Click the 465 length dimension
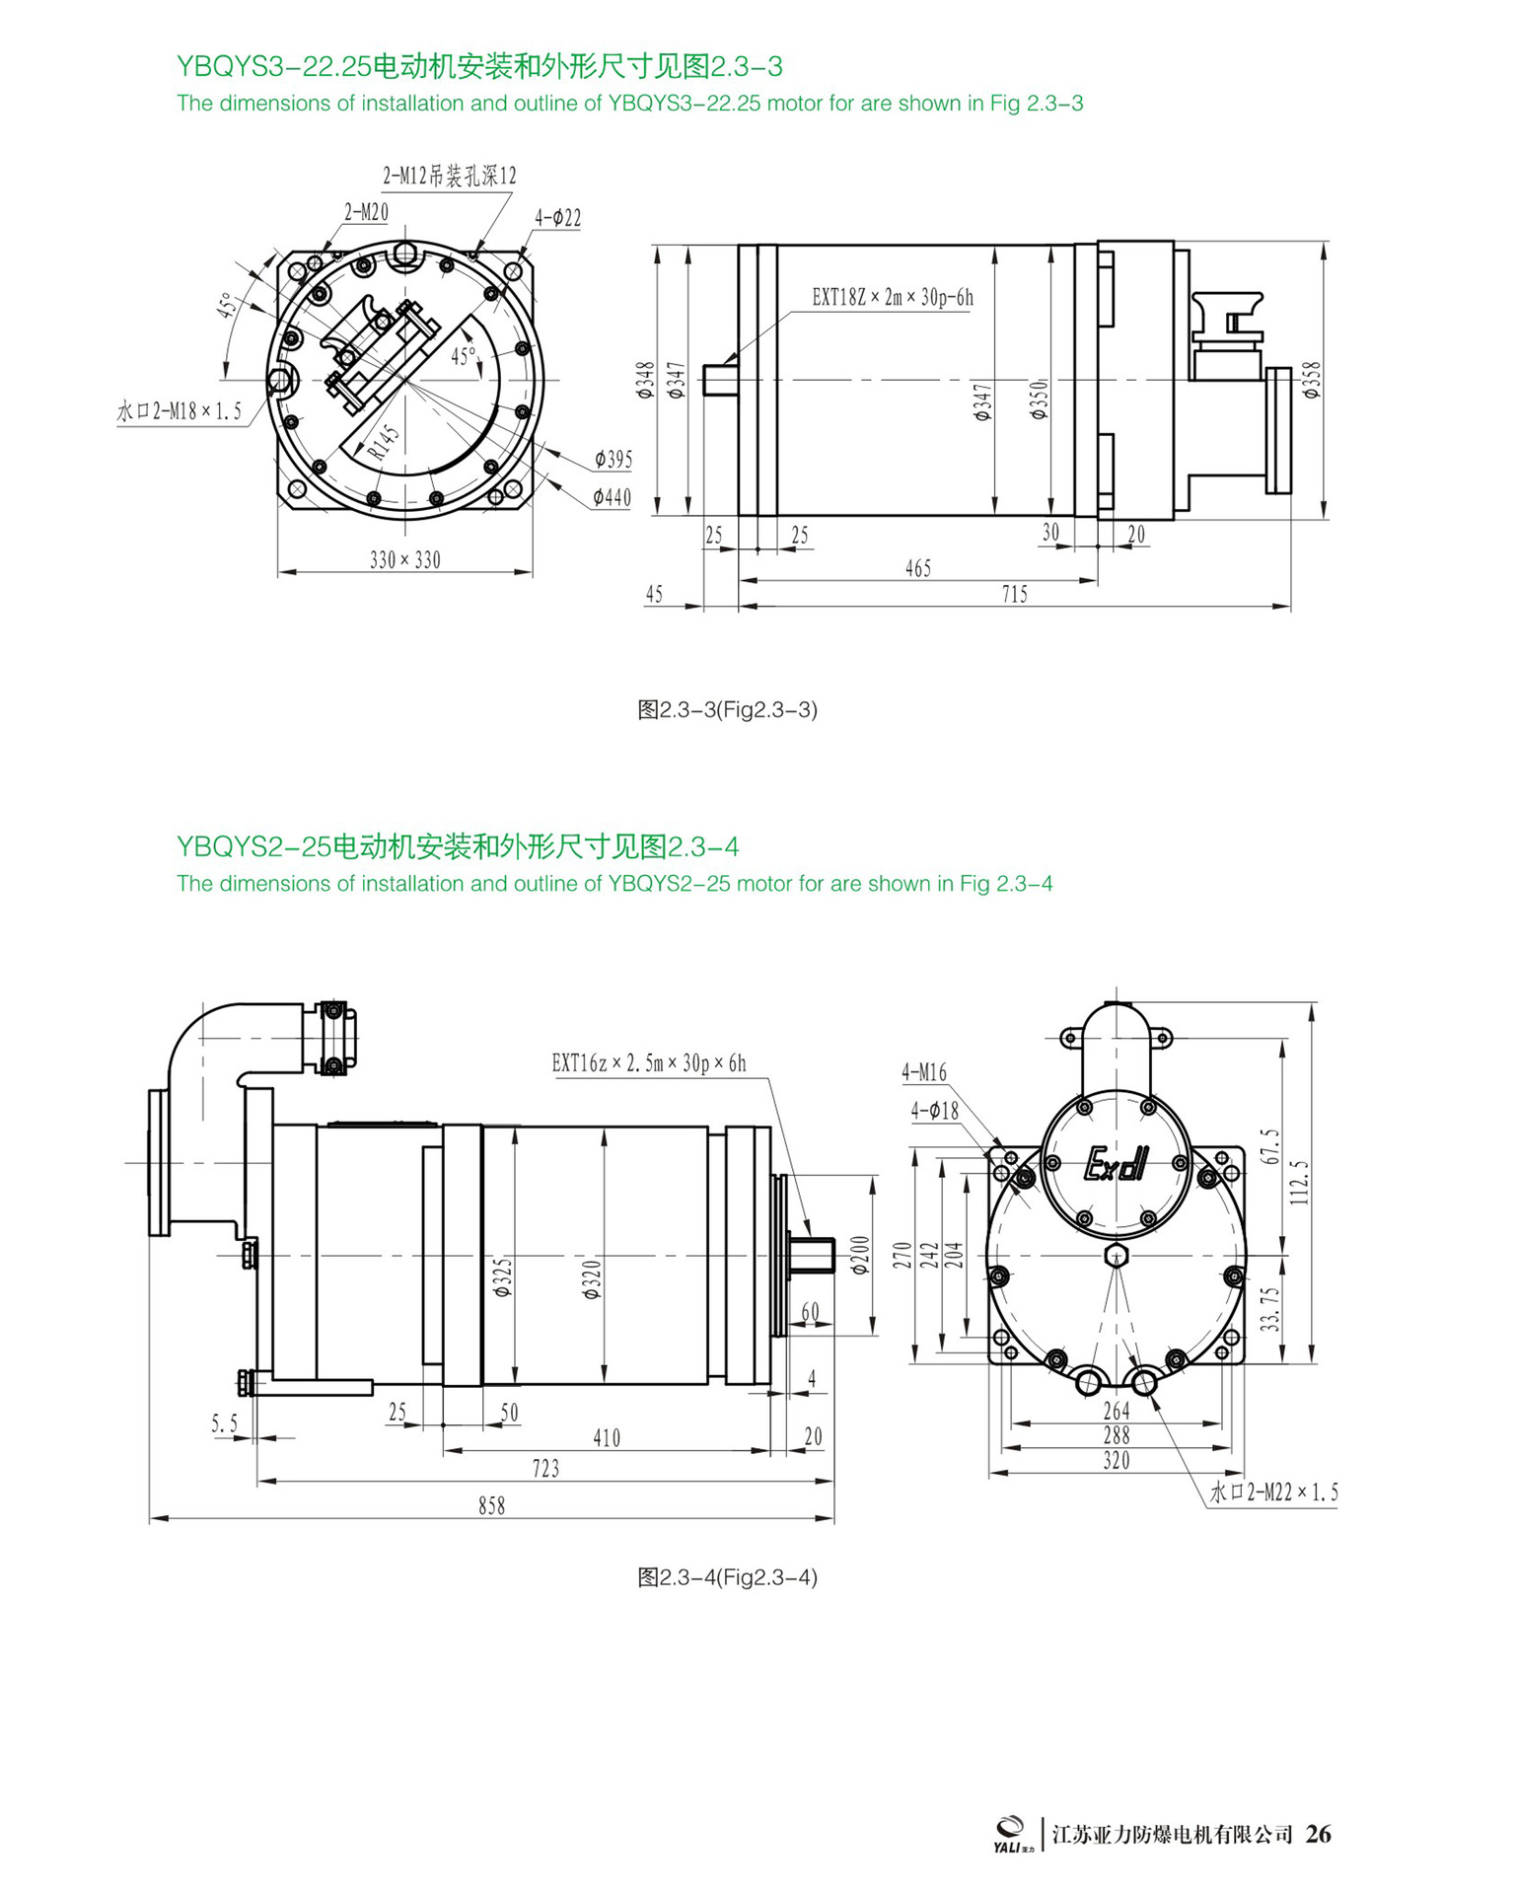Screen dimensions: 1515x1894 [918, 568]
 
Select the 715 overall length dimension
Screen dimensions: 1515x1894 [1015, 594]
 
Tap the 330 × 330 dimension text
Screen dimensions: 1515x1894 [405, 560]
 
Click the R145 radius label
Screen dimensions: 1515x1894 [385, 442]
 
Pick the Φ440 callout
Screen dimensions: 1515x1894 [612, 497]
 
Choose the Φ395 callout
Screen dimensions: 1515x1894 [613, 459]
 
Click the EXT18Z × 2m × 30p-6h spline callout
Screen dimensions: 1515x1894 [893, 297]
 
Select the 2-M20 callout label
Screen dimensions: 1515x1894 [366, 212]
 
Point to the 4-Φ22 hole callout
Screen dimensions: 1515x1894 [558, 217]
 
